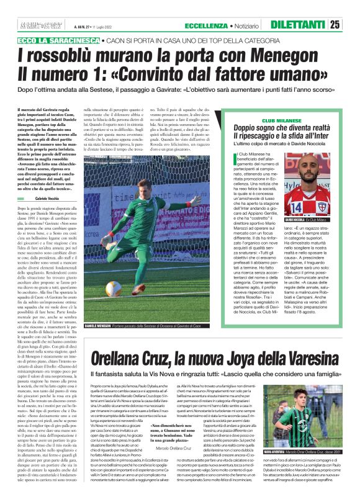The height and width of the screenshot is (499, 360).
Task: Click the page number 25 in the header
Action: (x=351, y=25)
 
